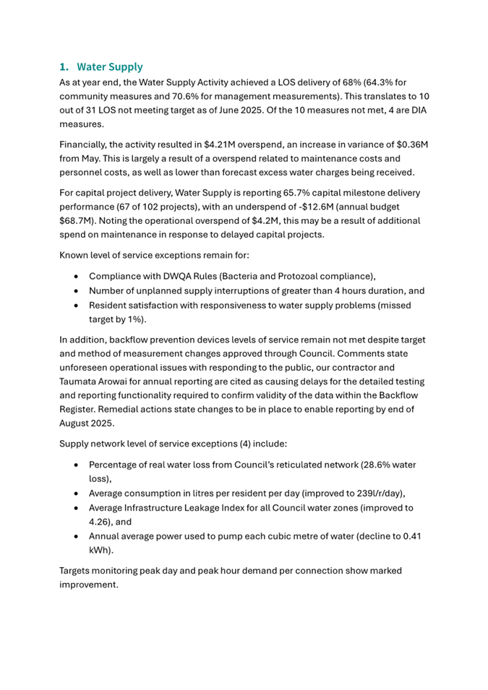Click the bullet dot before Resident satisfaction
77,305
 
